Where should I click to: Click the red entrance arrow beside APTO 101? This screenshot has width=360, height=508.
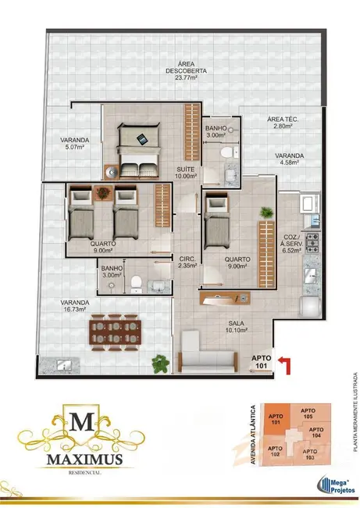point(285,364)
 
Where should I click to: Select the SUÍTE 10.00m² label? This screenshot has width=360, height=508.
point(186,173)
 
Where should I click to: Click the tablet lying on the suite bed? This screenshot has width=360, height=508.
point(142,140)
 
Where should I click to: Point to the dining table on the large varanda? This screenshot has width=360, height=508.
point(115,333)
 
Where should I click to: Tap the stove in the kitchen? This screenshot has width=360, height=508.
point(312,243)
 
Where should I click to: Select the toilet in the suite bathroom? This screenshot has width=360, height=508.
point(227,152)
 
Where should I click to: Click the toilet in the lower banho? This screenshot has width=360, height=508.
point(136,283)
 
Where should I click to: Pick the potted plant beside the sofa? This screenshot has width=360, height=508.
point(161,364)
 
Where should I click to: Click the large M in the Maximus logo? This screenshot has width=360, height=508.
point(82,422)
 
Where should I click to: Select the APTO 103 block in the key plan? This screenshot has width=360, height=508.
point(310,454)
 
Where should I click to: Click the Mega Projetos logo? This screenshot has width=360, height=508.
point(336,485)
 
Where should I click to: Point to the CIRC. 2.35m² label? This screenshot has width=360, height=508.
point(187,262)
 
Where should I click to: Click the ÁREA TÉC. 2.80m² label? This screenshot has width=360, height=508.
point(283,123)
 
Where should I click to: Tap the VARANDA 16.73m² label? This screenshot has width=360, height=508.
point(75,306)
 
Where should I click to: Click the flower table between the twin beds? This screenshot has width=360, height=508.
point(103,193)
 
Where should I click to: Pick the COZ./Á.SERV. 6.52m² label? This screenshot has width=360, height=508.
point(292,243)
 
